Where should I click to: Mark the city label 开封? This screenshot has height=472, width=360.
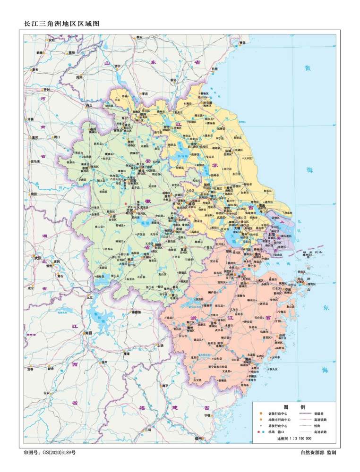coord(46,89)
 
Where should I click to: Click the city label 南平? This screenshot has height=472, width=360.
coord(165,385)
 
